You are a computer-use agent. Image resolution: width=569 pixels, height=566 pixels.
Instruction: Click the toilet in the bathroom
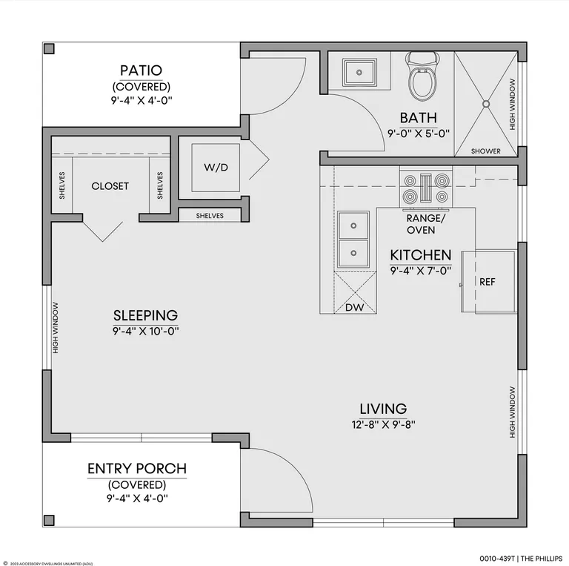[422, 76]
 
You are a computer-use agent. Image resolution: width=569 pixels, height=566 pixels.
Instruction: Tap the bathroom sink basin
[359, 72]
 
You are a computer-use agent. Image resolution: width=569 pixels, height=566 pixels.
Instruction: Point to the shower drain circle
[486, 104]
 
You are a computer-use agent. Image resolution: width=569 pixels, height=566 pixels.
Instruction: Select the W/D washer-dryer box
[216, 168]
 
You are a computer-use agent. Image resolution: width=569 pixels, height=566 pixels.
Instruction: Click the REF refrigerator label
[487, 282]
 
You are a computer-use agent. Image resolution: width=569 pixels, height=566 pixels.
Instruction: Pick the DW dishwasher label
[355, 307]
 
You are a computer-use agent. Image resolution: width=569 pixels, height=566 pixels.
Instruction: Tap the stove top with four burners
[426, 189]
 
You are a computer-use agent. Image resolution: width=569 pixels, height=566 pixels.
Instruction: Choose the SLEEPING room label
[145, 315]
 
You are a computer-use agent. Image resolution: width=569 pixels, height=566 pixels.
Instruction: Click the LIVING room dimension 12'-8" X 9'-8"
[383, 424]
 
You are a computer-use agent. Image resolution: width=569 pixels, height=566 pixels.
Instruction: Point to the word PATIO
[141, 70]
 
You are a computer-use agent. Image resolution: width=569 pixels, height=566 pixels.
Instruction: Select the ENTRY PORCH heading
[137, 468]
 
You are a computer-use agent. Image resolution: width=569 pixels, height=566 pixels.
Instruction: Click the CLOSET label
[110, 186]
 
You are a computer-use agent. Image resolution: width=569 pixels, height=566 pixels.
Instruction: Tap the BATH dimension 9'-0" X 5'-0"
[419, 134]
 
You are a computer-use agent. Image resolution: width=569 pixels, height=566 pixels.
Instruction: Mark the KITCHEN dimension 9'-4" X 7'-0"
[421, 271]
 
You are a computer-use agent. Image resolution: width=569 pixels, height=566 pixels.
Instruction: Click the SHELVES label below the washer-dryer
[210, 216]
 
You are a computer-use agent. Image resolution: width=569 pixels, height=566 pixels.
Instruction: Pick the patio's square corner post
[49, 49]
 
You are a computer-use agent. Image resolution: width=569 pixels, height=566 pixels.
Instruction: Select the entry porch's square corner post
[49, 520]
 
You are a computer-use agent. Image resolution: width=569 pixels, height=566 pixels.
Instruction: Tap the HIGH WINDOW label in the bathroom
[512, 105]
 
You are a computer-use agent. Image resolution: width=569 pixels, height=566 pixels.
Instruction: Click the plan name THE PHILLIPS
[542, 559]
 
